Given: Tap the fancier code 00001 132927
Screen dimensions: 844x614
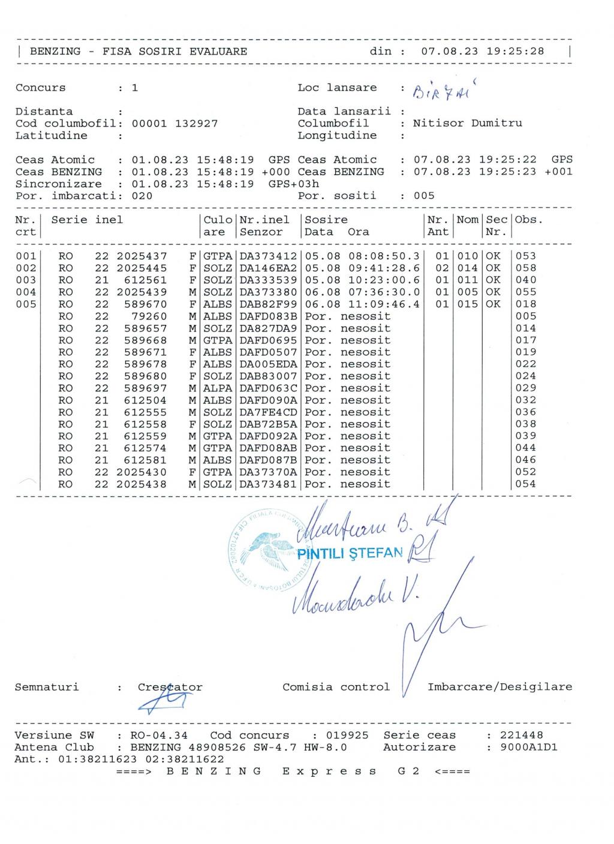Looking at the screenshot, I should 174,123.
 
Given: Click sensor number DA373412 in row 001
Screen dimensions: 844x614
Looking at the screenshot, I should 268,256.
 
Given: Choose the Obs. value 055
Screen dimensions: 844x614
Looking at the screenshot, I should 526,292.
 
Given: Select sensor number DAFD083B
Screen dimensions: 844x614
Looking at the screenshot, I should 268,316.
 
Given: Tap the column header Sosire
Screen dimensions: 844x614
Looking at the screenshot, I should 326,220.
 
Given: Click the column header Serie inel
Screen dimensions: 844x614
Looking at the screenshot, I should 87,220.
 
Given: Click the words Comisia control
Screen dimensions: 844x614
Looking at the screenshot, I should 336,688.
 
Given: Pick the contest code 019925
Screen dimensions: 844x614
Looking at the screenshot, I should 348,736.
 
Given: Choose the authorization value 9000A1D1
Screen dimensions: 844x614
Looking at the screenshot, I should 521,747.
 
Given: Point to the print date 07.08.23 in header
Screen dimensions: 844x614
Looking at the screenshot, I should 450,52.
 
